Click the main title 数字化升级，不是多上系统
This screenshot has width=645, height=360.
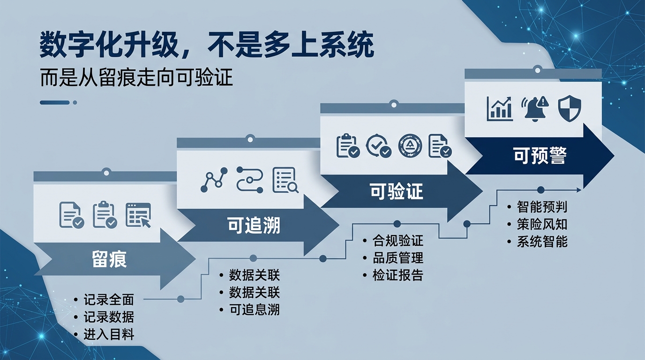tap(207, 45)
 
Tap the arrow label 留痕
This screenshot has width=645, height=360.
tap(109, 259)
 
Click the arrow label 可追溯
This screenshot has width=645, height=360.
tap(254, 225)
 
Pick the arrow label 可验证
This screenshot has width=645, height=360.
tap(396, 191)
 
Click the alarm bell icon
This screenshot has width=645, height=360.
tap(535, 108)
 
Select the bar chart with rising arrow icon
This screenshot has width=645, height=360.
tap(500, 108)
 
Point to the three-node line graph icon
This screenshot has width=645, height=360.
tap(214, 180)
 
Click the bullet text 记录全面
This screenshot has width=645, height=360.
tap(109, 300)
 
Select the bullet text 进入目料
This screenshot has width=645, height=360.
tap(109, 334)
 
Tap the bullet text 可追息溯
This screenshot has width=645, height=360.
tap(254, 309)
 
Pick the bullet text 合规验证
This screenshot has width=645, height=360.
tap(397, 241)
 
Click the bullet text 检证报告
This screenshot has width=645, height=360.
tap(397, 275)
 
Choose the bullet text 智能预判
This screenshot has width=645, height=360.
tap(542, 207)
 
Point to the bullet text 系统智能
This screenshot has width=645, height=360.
tap(542, 241)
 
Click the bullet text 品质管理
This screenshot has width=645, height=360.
tap(397, 258)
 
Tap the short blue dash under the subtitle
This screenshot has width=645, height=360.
tap(55, 103)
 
